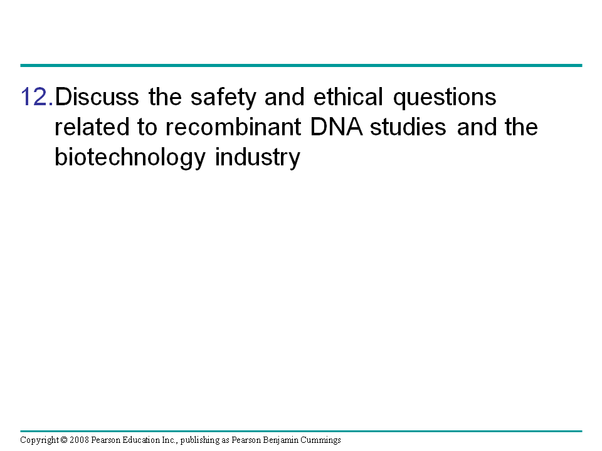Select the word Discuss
point(97,96)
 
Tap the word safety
point(223,98)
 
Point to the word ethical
point(348,96)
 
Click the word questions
point(445,98)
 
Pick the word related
point(92,127)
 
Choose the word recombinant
point(233,127)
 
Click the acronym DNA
point(336,127)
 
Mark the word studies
point(408,127)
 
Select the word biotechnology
point(130,158)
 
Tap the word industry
point(258,158)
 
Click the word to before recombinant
point(147,128)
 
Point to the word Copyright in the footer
point(40,440)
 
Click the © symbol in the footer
point(64,440)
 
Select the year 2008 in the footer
point(79,440)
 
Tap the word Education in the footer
point(141,440)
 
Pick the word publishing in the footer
point(200,440)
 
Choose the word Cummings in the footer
point(320,440)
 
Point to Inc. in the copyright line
point(170,440)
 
